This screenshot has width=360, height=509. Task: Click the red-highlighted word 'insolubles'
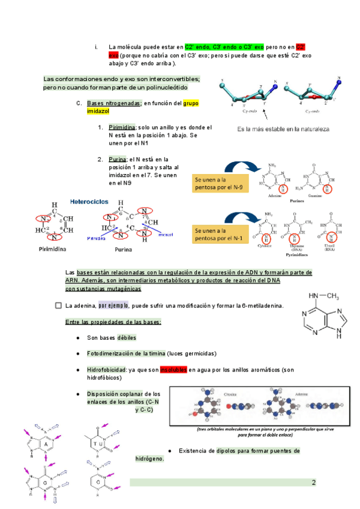(x=173, y=370)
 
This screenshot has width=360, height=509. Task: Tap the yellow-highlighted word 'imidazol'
(x=99, y=112)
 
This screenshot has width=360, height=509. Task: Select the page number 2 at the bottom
(x=313, y=483)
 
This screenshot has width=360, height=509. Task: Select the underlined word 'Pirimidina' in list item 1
(x=122, y=128)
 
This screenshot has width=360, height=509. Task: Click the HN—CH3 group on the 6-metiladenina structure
(x=325, y=295)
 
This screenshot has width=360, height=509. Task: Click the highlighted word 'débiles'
(x=127, y=337)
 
